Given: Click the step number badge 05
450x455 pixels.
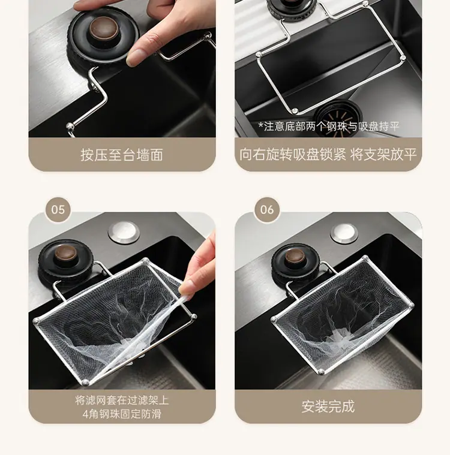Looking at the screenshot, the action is pos(58,209).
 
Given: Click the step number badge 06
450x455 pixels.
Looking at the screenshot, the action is pos(267,209).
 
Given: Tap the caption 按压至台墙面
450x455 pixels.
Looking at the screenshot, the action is pos(122,155).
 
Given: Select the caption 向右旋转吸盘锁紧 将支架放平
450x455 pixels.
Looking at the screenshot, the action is pos(328,155).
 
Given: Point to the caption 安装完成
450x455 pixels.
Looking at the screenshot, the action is pos(328,406).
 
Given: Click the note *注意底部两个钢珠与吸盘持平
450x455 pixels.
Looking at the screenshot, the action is pos(329,126).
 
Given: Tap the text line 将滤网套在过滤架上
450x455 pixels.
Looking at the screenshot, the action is pos(122,400).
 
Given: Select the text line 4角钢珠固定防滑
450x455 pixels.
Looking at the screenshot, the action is pos(122,414).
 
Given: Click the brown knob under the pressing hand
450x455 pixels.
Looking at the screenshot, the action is pos(104,28).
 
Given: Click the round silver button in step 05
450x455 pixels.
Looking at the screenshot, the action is pos(124,231).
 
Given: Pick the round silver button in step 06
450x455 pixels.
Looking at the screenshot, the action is pos(344,233).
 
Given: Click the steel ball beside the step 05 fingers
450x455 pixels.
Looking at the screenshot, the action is pos(193,317).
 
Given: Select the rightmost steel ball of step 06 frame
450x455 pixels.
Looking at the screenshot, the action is pos(410,305).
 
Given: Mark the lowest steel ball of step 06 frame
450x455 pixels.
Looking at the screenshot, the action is pos(321,372).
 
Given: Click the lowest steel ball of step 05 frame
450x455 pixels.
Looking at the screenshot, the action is pos(86,382).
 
